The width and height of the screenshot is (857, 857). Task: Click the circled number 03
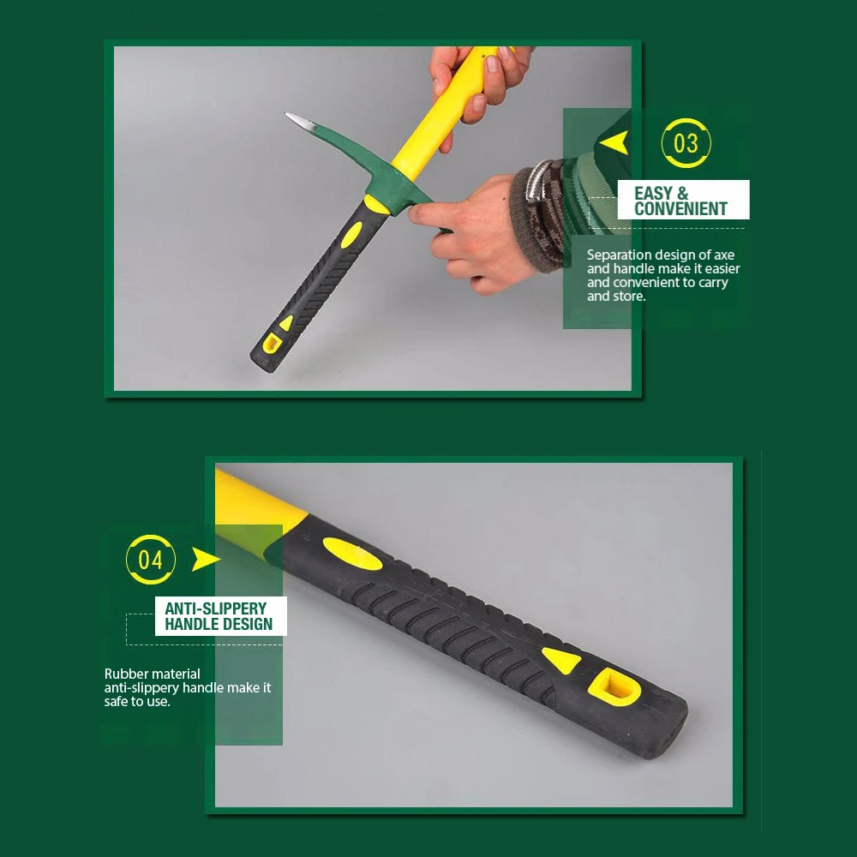tap(686, 143)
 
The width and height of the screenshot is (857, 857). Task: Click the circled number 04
tap(151, 560)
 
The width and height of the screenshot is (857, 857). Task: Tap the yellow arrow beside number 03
tap(615, 141)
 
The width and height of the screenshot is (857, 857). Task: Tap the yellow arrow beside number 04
tap(205, 560)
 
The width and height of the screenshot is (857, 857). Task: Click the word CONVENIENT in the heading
tap(680, 208)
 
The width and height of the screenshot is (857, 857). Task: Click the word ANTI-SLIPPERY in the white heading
tap(215, 608)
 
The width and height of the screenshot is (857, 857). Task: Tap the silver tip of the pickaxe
tap(297, 119)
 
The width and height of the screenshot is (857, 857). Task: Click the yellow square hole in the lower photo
tap(614, 686)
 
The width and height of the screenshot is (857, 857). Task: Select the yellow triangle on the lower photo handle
tap(561, 660)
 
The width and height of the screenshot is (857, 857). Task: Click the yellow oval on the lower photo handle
tap(351, 553)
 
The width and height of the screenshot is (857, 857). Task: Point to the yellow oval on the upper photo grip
tap(351, 234)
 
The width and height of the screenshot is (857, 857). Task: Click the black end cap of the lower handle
tap(664, 729)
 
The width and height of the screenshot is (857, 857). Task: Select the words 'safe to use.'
tap(137, 701)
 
